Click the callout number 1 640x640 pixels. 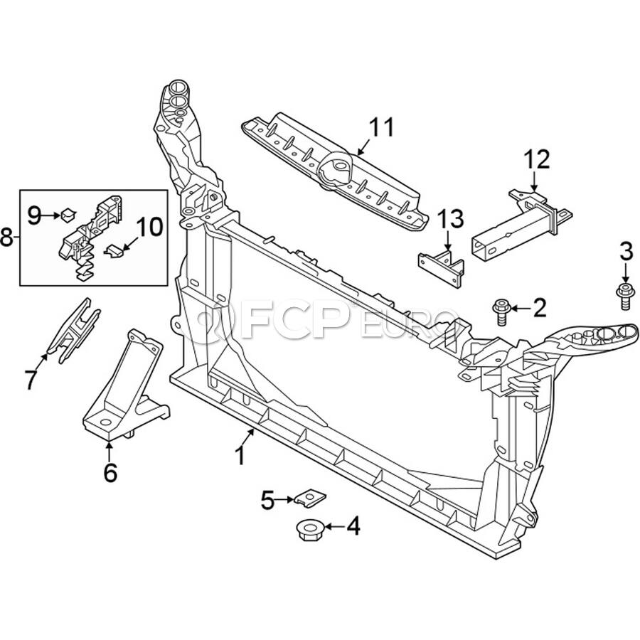pos(241,456)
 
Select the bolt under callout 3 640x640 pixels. pos(624,297)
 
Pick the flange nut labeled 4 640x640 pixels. pos(309,530)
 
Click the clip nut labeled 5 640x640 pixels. pos(310,498)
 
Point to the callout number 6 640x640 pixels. pos(110,473)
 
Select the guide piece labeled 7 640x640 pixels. pos(73,331)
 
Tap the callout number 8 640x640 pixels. pos(6,237)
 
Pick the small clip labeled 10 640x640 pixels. pos(114,252)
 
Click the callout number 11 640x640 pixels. pos(383,127)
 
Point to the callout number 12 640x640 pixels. pos(537,159)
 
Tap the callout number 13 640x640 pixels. pos(451,219)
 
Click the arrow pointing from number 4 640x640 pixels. pos(334,526)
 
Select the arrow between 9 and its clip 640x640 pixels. pos(51,215)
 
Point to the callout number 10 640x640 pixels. pos(149,227)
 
